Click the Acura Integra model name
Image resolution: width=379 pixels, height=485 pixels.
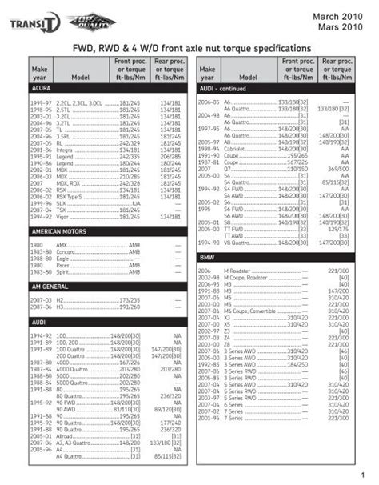pos(65,149)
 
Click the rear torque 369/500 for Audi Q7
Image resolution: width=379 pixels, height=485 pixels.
pos(338,170)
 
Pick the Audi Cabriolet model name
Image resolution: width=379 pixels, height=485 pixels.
pos(237,149)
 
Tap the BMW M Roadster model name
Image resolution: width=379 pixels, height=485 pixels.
pos(237,271)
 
